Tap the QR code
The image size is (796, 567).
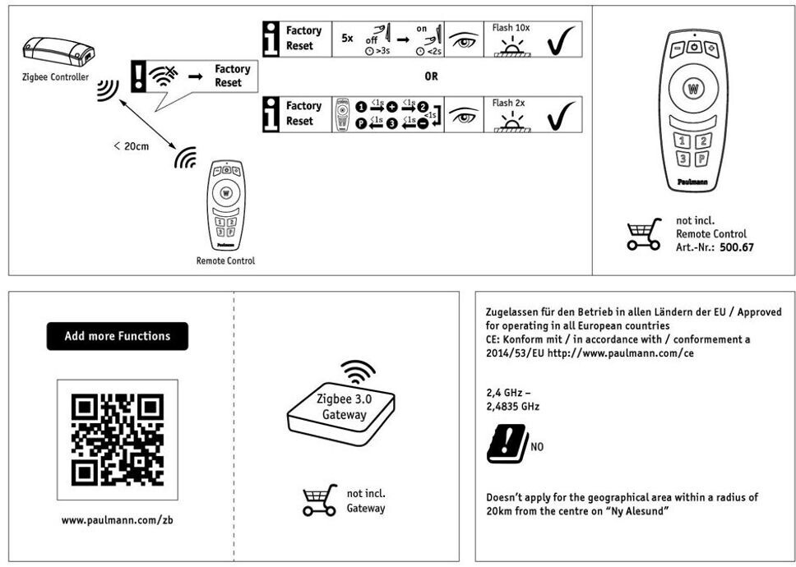[x=117, y=439]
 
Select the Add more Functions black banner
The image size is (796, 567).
[x=117, y=336]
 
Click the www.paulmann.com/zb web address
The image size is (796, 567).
[x=117, y=520]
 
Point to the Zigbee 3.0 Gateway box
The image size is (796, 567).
[x=342, y=411]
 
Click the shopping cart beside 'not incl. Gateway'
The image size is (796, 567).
[x=319, y=500]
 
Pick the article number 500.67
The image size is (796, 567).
[x=736, y=247]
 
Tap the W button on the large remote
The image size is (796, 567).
[x=693, y=88]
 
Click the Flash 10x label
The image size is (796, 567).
[x=511, y=27]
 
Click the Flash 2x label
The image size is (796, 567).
[x=508, y=104]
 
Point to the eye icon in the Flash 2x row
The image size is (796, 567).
[x=465, y=115]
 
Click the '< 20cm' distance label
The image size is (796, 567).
[x=131, y=145]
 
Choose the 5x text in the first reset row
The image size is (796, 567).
[x=348, y=39]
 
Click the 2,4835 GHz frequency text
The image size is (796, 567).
[x=513, y=406]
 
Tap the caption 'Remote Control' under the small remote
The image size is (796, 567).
[x=225, y=260]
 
